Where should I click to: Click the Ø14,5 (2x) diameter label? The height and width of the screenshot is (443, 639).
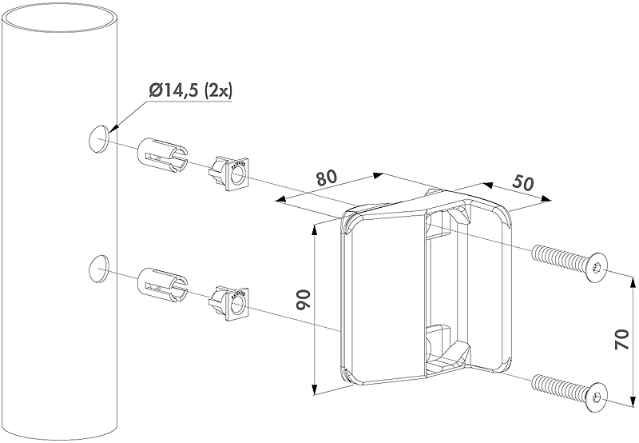190,90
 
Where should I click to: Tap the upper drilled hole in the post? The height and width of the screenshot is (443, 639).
98,138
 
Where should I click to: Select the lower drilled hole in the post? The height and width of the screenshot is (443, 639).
98,269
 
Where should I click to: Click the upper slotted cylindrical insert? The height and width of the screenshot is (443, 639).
163,155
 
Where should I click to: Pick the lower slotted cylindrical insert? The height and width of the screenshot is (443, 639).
163,285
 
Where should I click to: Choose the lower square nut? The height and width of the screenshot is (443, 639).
228,302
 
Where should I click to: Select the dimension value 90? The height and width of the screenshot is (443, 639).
305,301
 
